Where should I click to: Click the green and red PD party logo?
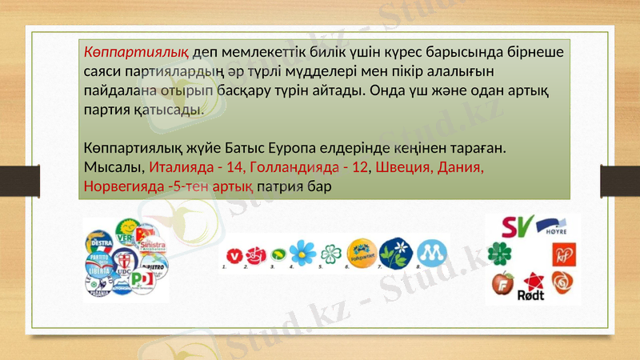coord(142,280)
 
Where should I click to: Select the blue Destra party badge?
coord(100,241)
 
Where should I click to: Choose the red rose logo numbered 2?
coord(256,254)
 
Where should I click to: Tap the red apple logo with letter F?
coord(504,283)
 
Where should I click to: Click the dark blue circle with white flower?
coord(395,254)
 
